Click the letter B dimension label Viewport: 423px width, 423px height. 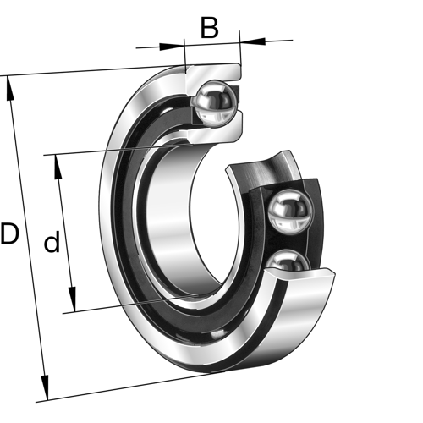click(x=209, y=28)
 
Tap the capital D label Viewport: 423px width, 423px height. click(x=9, y=234)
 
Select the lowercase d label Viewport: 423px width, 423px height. click(x=52, y=244)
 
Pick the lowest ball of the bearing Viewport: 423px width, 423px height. click(x=288, y=266)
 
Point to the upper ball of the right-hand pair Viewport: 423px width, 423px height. click(x=288, y=210)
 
